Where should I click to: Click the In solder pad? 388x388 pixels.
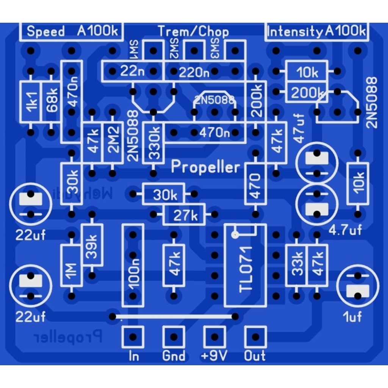point(133,336)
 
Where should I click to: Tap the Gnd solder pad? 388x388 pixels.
point(174,336)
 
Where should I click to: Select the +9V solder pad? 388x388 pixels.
point(215,336)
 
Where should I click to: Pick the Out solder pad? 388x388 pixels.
point(256,336)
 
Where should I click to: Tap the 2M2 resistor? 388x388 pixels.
point(113,143)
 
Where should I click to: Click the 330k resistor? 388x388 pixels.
point(153,143)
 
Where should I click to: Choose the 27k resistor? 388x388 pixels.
point(185,215)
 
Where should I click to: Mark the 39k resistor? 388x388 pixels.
point(92,245)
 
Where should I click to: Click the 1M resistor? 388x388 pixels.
point(71,265)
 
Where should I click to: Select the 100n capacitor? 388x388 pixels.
point(133,265)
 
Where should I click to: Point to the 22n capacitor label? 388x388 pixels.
point(131,71)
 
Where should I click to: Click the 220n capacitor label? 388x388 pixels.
point(194,71)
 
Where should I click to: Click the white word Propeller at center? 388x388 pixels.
point(206,167)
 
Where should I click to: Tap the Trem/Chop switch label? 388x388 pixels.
point(193,31)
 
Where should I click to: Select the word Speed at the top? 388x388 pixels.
point(46,31)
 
